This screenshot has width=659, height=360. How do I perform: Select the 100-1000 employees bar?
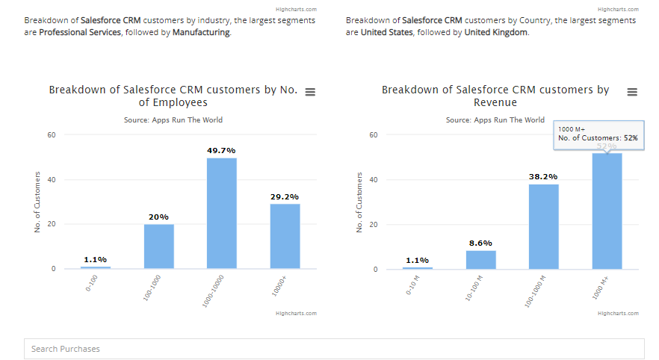(158, 246)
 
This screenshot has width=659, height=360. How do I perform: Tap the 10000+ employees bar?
(285, 236)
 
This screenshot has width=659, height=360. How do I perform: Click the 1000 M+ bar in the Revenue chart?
(607, 211)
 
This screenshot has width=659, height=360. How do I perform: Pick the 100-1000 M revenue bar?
(543, 226)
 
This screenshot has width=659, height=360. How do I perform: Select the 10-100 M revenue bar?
(480, 259)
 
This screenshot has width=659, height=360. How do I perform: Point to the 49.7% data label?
(222, 150)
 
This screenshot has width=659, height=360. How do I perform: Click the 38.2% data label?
(543, 176)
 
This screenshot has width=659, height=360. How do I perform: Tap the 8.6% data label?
(480, 243)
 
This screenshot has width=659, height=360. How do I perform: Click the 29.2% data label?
(285, 196)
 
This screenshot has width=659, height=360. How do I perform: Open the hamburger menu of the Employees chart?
(310, 92)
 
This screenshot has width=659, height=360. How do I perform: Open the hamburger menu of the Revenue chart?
(632, 92)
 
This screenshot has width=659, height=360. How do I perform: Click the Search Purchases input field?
(334, 349)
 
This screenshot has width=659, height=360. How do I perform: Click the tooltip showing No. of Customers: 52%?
(598, 134)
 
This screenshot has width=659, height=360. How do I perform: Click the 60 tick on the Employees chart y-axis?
(52, 135)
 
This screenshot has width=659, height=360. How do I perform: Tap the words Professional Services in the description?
(80, 33)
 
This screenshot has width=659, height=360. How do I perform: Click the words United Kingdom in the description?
(496, 33)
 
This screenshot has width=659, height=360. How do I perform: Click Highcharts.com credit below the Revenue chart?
(618, 314)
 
